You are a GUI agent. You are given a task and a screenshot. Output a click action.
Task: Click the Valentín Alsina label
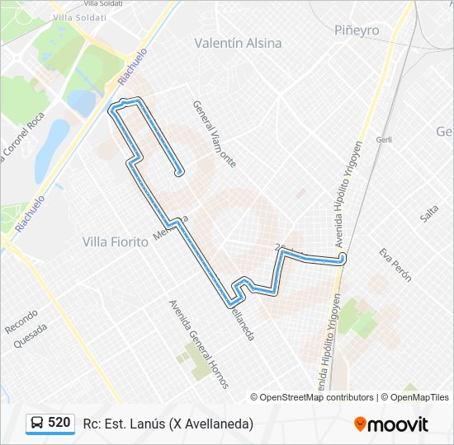pos(238,43)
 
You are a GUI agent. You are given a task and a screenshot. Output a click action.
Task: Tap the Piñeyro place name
pos(357,30)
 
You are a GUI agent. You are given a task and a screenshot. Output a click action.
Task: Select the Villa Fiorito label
pos(116,241)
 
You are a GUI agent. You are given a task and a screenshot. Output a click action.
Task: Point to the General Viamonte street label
pos(214,133)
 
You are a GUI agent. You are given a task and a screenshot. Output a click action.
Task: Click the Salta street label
pos(428,213)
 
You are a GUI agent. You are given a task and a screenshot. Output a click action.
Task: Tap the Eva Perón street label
pos(395,265)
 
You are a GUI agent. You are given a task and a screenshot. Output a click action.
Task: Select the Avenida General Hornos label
pos(198,344)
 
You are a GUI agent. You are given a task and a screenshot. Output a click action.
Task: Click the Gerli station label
pos(383,140)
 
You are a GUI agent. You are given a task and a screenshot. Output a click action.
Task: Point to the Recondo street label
pos(21,321)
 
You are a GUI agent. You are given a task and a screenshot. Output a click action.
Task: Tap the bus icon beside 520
pos(37,423)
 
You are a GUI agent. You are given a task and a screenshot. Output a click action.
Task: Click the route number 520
pos(59,423)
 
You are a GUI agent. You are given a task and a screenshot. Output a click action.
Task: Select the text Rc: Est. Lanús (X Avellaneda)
pos(168,424)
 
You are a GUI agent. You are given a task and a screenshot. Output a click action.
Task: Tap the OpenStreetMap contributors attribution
pos(311,397)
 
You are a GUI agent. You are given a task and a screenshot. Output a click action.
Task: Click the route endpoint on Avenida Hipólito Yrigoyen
pos(343,260)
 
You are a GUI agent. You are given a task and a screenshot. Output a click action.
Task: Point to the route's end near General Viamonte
pos(179,173)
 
